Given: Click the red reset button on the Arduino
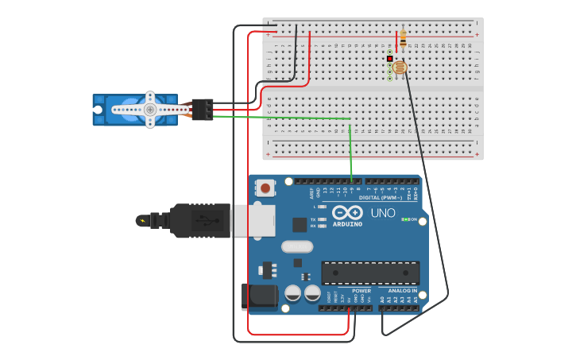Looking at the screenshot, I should coord(265,188).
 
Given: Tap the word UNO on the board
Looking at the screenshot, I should coord(383,213).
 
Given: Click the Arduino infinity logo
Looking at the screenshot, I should coord(347,213).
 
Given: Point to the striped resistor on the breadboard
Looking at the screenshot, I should coord(403,37).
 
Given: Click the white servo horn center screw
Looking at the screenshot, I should coord(149,110).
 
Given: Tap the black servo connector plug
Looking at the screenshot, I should coord(203,109).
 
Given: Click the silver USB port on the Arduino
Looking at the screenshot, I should coord(253,221).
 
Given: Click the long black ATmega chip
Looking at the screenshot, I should coord(370,273).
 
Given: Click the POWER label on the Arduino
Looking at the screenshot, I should coord(361,291).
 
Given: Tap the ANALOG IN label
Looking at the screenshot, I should coord(403,291).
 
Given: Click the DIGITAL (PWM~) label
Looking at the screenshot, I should coord(381,197).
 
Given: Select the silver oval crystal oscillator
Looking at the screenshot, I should coord(298,246).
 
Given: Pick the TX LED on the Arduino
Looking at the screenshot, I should coord(322,219).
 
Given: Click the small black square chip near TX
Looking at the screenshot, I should coord(300,225).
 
